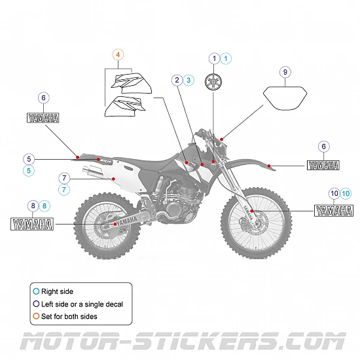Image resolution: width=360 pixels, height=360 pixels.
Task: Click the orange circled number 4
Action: [x=118, y=55]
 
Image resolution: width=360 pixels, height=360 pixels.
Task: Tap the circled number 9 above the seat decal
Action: [x=285, y=72]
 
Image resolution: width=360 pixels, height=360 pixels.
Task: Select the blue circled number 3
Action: [x=189, y=80]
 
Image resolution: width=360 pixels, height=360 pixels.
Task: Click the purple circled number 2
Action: [x=177, y=80]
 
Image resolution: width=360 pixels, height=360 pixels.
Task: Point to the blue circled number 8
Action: [x=45, y=206]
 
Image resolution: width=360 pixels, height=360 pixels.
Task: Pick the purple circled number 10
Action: [x=334, y=194]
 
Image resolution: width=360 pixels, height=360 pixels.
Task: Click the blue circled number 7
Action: [x=64, y=189]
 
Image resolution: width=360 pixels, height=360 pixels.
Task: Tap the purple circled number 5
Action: [x=28, y=158]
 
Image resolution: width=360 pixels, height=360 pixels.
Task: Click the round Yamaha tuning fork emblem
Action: [x=214, y=83]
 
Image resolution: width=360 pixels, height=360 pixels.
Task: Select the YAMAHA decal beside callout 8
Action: [x=32, y=225]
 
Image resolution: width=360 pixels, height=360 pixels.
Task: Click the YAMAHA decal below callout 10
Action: [x=334, y=211]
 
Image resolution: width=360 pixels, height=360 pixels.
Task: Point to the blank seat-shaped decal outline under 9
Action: [x=285, y=100]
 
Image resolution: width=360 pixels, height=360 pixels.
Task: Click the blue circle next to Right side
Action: [x=35, y=291]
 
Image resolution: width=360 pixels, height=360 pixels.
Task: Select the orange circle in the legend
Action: [x=35, y=316]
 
